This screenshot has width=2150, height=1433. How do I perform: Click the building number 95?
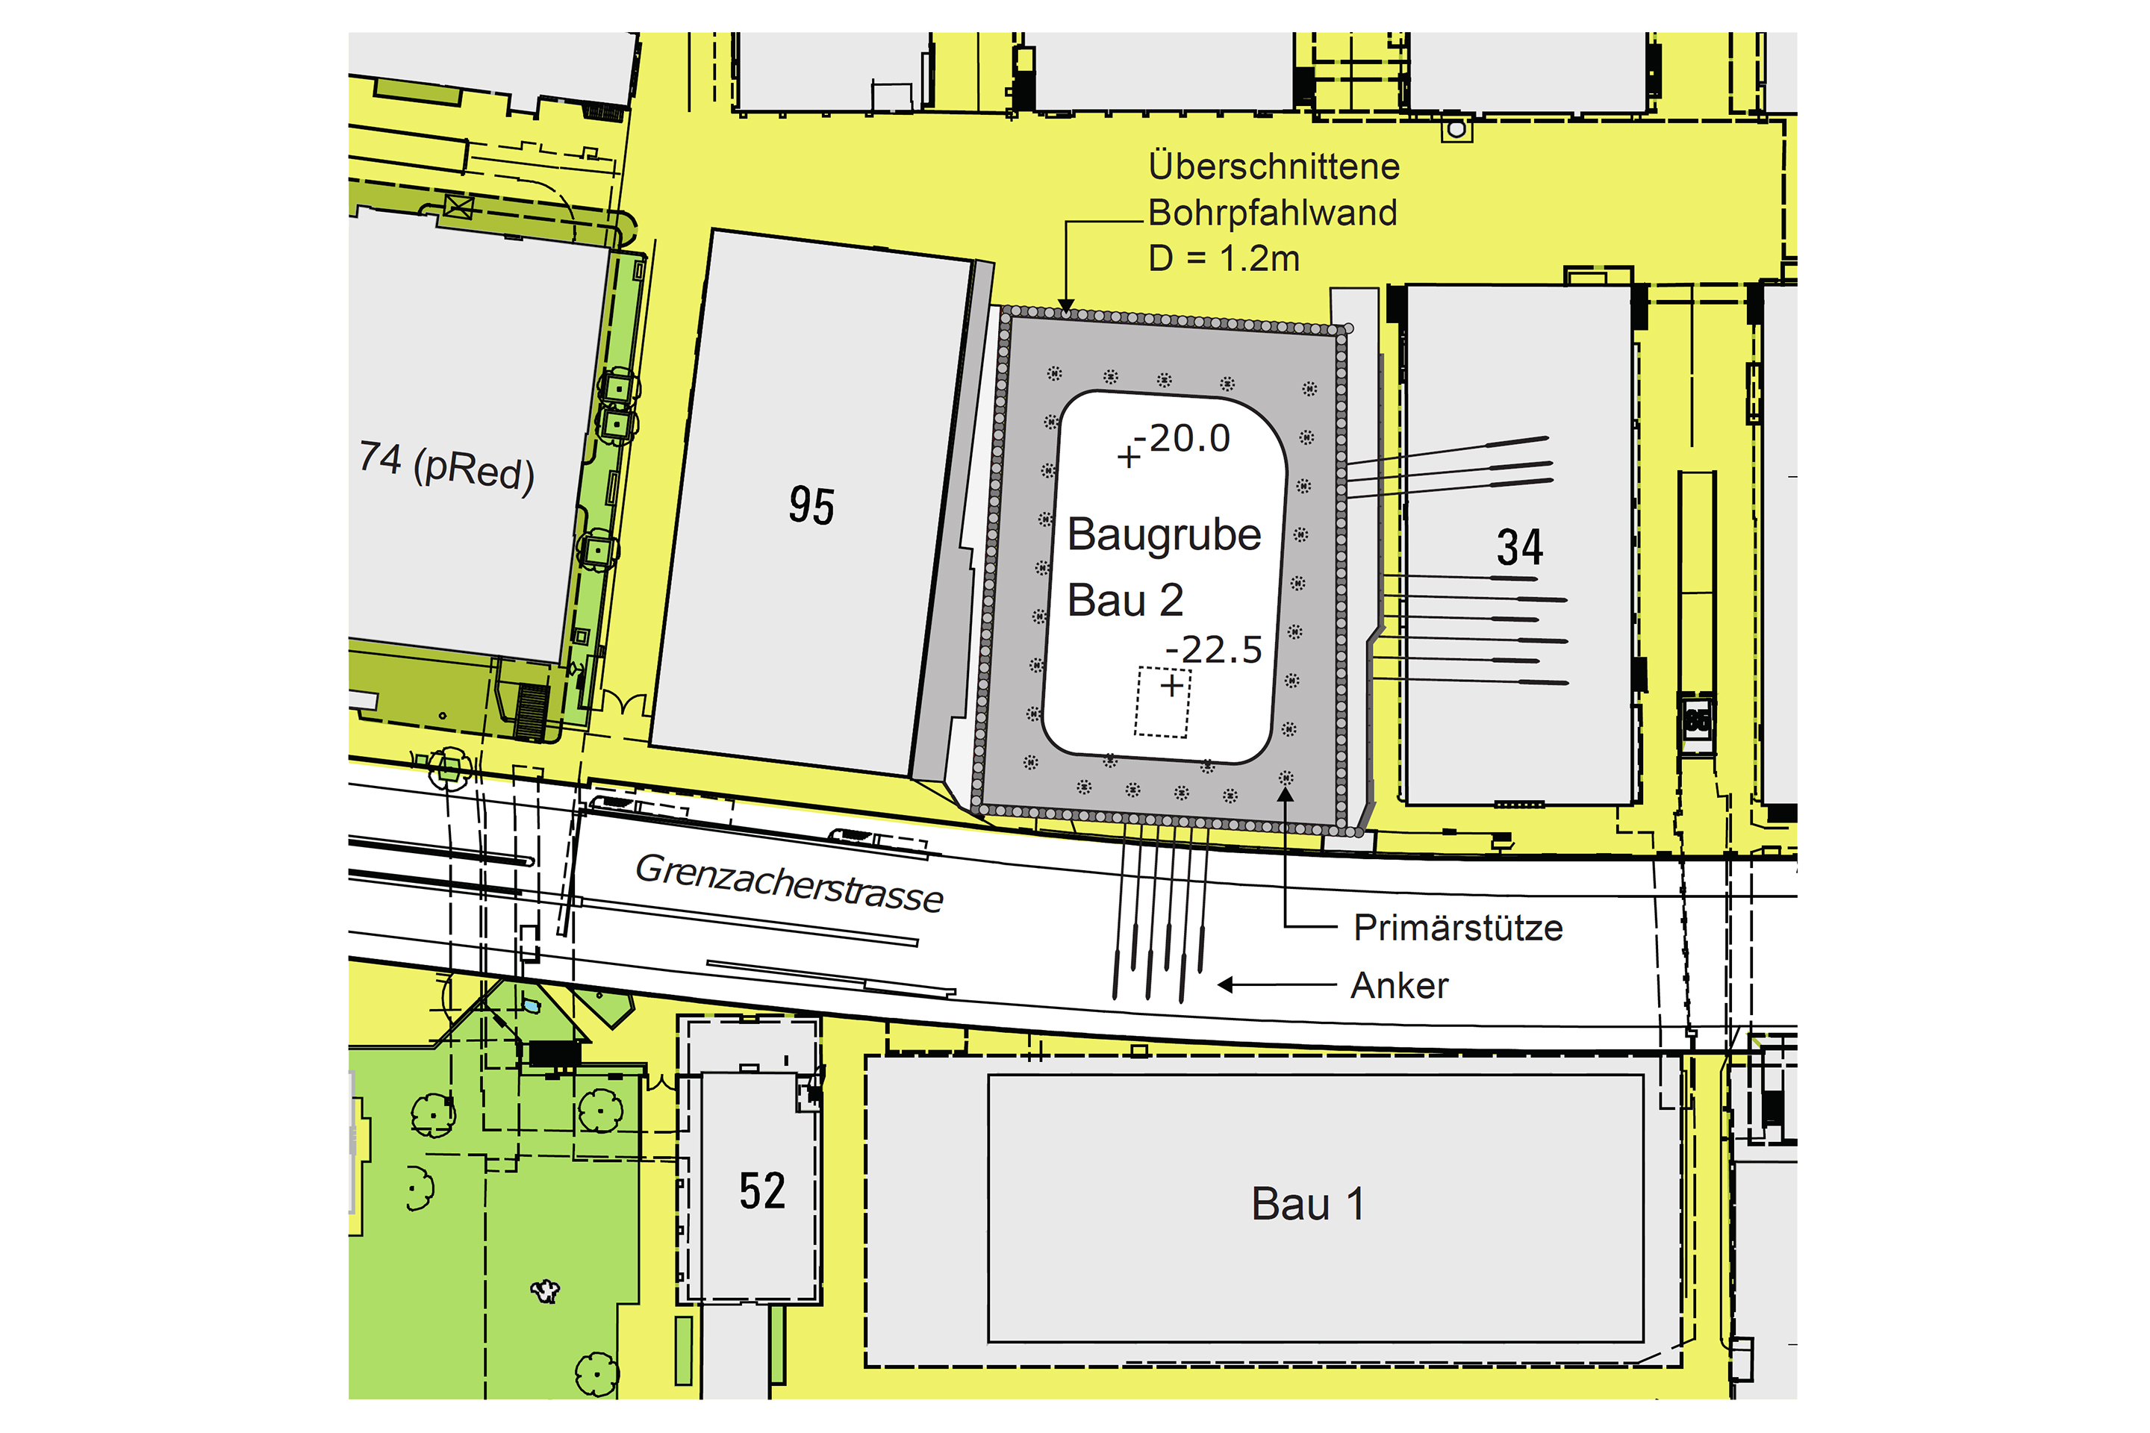click(811, 505)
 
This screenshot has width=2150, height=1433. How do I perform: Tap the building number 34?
click(1519, 547)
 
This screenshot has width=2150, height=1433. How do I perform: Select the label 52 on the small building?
click(761, 1191)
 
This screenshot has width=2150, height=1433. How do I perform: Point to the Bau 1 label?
click(1307, 1205)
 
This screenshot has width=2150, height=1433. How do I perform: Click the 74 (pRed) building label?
click(446, 466)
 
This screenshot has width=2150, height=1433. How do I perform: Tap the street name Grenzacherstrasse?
click(789, 883)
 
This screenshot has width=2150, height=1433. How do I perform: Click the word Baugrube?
click(1164, 534)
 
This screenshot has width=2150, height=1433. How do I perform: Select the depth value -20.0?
click(1188, 439)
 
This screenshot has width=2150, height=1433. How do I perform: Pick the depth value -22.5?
click(1214, 650)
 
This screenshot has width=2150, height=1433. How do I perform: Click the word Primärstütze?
click(1458, 928)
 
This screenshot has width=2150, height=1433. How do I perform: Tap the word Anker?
click(1400, 986)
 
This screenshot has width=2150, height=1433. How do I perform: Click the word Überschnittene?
click(1274, 166)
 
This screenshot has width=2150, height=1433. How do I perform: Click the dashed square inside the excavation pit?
click(1162, 702)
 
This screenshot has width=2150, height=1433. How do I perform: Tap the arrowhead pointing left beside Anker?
click(1226, 985)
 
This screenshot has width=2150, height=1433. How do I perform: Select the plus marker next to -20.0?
click(1129, 456)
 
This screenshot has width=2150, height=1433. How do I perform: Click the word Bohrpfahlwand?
click(1272, 213)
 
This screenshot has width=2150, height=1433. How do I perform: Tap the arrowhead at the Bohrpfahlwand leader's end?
click(1066, 305)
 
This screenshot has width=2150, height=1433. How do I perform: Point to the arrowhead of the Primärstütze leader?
click(1286, 794)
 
